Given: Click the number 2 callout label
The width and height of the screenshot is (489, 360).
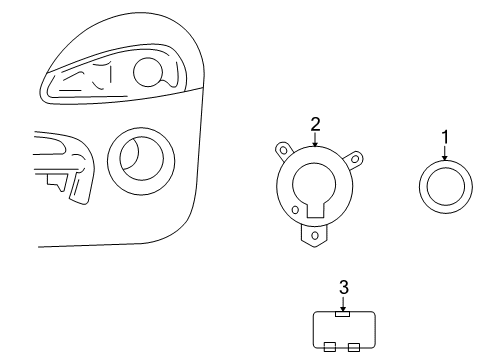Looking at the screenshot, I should [x=315, y=124].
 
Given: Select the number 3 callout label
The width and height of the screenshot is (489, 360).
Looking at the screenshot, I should [x=343, y=287].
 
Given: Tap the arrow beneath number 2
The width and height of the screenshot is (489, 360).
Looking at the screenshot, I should [x=315, y=141].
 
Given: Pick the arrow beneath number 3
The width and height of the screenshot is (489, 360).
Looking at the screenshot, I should [x=343, y=303].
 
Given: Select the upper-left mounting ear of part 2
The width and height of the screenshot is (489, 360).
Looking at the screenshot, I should [x=281, y=151].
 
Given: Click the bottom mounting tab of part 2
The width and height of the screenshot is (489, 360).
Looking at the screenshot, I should [x=316, y=235].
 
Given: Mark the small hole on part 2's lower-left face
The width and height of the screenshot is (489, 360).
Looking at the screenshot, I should [x=296, y=211].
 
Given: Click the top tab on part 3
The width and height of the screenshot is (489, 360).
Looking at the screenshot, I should [x=343, y=313].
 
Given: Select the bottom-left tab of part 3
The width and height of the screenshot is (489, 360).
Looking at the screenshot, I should [x=330, y=348].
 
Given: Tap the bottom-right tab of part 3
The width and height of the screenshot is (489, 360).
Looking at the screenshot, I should [x=353, y=348].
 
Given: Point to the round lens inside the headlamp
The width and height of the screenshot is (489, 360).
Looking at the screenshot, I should [x=148, y=73].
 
